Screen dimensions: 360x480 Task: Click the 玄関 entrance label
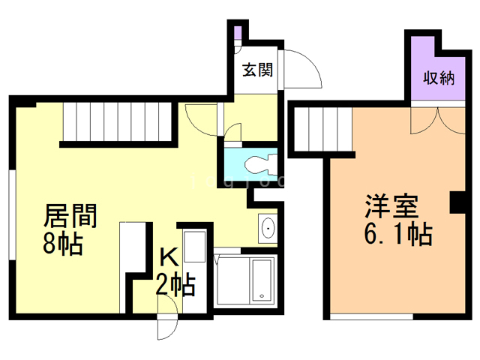click(x=257, y=70)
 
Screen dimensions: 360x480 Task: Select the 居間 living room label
click(x=70, y=217)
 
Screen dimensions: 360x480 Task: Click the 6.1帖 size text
click(x=397, y=235)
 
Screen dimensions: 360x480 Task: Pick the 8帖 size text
click(x=63, y=244)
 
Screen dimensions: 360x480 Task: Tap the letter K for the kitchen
click(x=169, y=257)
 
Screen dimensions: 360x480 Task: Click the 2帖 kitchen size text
click(x=175, y=284)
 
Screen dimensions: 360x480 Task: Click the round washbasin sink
click(x=268, y=227)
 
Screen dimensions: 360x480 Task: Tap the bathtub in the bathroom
click(x=262, y=280)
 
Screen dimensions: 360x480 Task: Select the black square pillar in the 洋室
click(x=455, y=202)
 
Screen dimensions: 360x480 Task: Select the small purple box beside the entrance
click(x=237, y=34)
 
